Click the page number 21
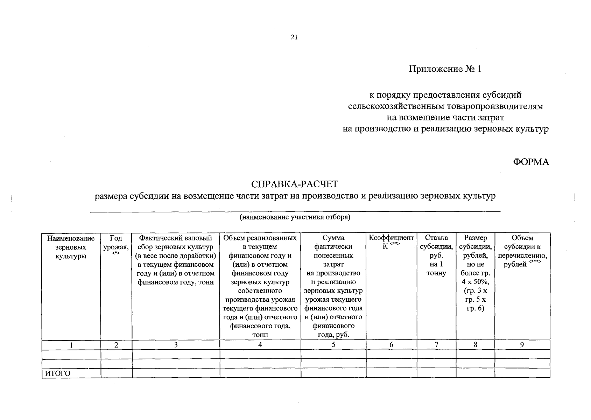point(294,37)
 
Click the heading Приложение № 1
point(445,69)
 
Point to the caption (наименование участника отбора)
point(295,217)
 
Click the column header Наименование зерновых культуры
point(71,247)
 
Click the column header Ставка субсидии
point(436,247)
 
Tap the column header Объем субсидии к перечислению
point(522,251)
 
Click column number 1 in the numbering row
point(71,345)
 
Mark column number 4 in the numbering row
point(260,345)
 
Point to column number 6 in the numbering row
point(391,345)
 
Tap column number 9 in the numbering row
point(522,345)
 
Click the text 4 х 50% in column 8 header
point(475,282)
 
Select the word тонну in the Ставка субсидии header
point(436,273)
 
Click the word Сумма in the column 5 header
point(333,238)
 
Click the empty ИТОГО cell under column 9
point(522,373)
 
